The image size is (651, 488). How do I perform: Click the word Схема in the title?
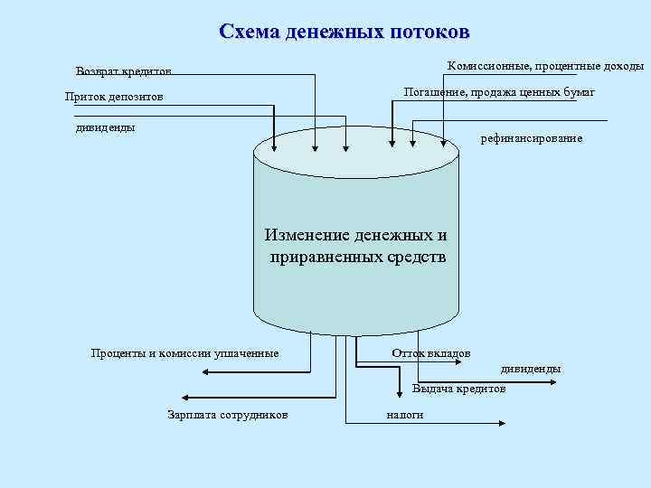click(x=249, y=32)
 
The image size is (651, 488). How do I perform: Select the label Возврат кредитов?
click(x=124, y=71)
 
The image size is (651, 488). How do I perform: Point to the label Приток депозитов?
click(x=114, y=97)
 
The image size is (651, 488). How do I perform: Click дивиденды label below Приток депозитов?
click(x=105, y=127)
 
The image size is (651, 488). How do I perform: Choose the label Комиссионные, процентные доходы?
click(x=545, y=66)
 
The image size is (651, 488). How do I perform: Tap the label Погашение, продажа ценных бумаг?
click(x=498, y=92)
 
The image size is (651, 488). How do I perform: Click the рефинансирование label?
click(x=532, y=138)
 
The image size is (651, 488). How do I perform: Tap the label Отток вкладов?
click(x=430, y=352)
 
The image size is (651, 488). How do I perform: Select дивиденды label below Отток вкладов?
click(x=531, y=369)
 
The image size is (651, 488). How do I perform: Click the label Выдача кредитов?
click(x=459, y=389)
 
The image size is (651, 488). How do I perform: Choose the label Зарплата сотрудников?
click(x=228, y=415)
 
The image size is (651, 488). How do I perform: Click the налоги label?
click(x=404, y=415)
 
